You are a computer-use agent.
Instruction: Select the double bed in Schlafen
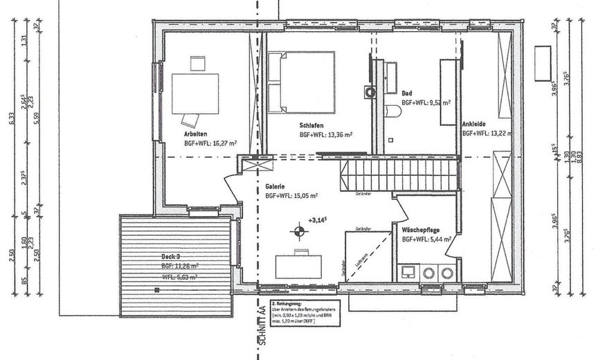pos(302,82)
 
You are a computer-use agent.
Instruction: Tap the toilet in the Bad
pos(392,111)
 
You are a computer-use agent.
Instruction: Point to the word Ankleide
pos(474,124)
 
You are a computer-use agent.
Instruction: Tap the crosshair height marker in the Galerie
pos(298,231)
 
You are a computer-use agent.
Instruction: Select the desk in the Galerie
pos(300,264)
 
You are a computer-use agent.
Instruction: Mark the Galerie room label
pos(277,186)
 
